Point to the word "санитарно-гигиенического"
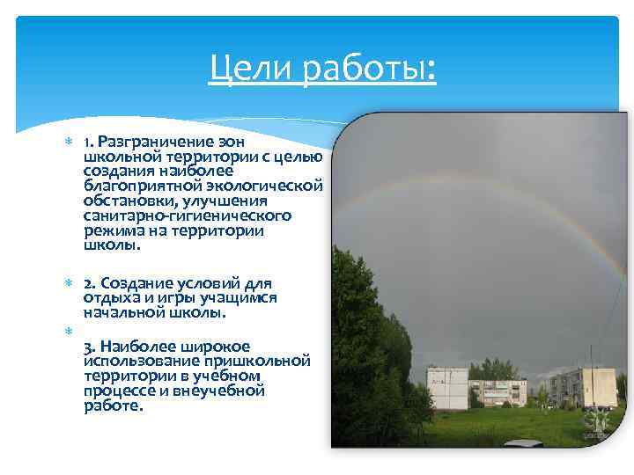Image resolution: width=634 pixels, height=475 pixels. [188, 216]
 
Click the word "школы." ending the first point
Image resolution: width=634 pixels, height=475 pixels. [112, 245]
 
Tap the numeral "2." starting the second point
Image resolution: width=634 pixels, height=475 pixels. [90, 282]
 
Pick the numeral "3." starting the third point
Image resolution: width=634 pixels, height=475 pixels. [90, 346]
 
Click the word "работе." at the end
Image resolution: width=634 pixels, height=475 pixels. [112, 406]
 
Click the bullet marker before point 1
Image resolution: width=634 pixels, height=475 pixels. [69, 142]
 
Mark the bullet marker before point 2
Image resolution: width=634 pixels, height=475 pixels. [69, 283]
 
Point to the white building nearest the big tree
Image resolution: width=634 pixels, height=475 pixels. [446, 387]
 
